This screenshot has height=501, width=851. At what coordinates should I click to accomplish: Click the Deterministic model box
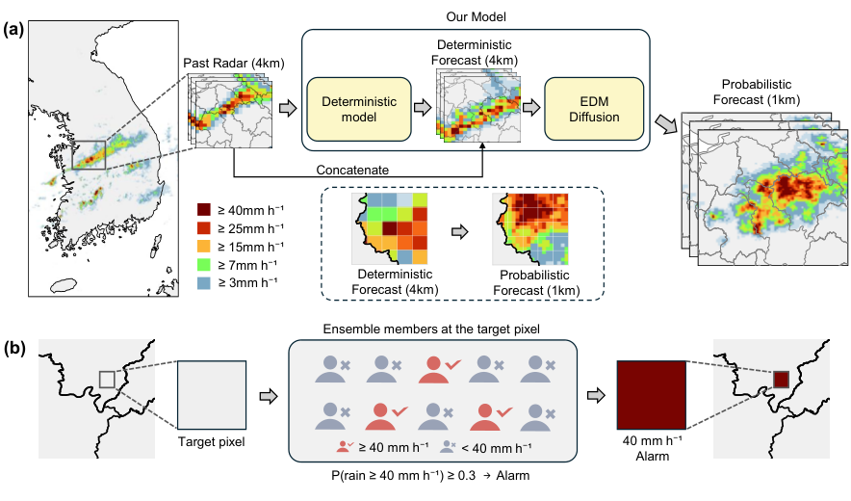pos(359,109)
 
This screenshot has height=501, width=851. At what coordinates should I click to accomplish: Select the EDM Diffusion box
pos(594,109)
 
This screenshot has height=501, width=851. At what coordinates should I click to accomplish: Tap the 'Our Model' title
pos(476,16)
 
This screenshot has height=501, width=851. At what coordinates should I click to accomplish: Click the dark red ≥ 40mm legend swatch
pos(203,210)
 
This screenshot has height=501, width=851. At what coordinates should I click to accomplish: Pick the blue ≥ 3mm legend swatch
pos(203,282)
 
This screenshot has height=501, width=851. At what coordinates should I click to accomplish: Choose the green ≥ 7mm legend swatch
pos(203,265)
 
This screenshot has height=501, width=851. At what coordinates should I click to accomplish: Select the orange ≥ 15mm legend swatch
pos(203,246)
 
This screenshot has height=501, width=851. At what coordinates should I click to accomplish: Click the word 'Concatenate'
pos(352,171)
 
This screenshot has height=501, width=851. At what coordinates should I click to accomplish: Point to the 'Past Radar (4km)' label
pos(233,63)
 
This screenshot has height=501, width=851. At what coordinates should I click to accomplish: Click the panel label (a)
pos(13,29)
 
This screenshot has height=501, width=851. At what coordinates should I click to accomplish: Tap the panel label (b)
pos(14,348)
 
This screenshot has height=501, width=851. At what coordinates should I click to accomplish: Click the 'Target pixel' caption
pos(211,442)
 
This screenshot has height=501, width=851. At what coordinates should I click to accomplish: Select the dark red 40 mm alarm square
pos(652,395)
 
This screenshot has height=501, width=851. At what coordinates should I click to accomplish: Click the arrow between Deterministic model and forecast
pos(423,108)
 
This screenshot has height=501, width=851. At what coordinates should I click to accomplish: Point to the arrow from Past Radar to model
pos(288,108)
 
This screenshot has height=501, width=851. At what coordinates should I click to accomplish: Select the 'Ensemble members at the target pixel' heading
pos(431,330)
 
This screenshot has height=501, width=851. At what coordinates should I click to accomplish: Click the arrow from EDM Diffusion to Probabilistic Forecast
pos(667,124)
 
